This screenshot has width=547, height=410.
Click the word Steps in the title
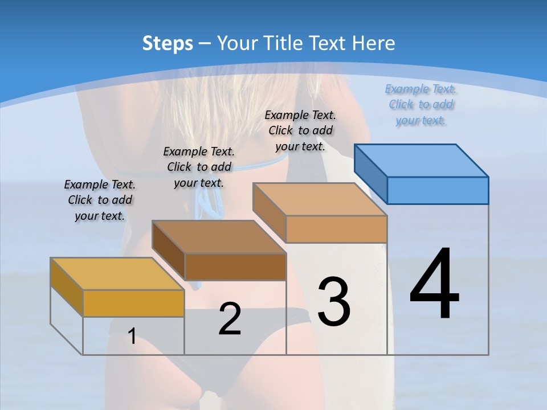pyautogui.click(x=168, y=43)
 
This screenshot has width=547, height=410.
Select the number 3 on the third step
pyautogui.click(x=333, y=302)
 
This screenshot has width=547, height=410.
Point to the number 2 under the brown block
pyautogui.click(x=230, y=319)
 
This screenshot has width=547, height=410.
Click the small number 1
pyautogui.click(x=132, y=337)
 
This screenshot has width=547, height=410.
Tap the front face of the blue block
pyautogui.click(x=438, y=190)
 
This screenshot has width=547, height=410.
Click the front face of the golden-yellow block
pyautogui.click(x=133, y=303)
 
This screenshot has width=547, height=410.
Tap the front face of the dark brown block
pyautogui.click(x=235, y=266)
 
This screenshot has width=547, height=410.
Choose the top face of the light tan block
pyautogui.click(x=320, y=199)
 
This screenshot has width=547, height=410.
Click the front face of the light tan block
pyautogui.click(x=336, y=229)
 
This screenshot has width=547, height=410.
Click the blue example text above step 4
pyautogui.click(x=421, y=105)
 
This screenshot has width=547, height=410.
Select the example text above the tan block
pyautogui.click(x=300, y=130)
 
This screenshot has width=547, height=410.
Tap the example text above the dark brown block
pyautogui.click(x=199, y=167)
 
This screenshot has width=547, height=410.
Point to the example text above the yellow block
pyautogui.click(x=100, y=200)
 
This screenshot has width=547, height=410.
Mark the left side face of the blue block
pyautogui.click(x=370, y=173)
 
